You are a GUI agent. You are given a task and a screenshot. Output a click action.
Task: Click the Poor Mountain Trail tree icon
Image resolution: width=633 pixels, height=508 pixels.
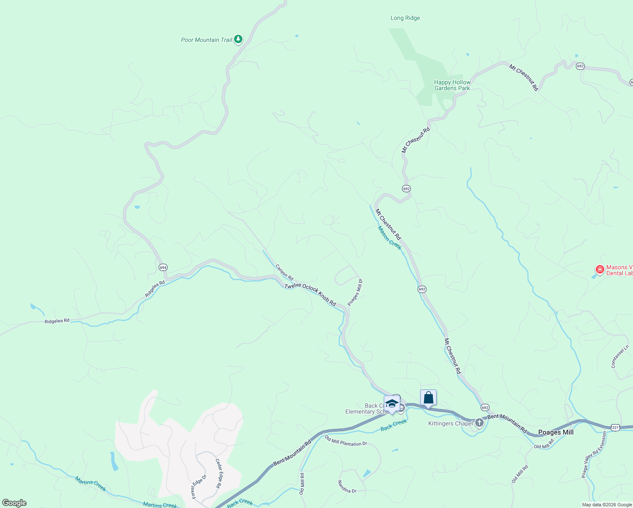coord(238,39)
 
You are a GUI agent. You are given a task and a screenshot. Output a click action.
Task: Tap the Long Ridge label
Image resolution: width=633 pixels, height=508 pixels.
coord(405,18)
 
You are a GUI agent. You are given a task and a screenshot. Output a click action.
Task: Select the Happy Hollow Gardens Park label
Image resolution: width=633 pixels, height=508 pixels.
coord(452,85)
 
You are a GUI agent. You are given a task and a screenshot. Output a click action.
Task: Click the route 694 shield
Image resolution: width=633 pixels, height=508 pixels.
coord(163,267)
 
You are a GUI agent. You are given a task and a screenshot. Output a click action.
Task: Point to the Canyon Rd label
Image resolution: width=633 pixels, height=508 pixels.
coord(284,272)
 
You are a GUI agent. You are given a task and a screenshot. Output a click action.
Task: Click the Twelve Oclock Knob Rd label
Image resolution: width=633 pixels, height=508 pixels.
coord(310,295)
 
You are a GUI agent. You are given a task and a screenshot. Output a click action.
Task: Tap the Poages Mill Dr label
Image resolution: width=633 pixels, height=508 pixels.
coord(355,292)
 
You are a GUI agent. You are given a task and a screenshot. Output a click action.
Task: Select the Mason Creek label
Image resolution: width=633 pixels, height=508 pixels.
coord(390,238)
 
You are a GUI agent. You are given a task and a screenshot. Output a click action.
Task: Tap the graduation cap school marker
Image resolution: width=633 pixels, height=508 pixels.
coord(392,403)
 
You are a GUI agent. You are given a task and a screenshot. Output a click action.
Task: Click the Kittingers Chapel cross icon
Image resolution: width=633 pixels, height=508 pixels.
coord(479,422)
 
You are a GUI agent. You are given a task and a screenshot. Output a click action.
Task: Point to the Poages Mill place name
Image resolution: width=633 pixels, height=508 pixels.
coord(556,432)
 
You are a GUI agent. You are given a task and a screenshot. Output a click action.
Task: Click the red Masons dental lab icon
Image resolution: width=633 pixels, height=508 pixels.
coord(600,269)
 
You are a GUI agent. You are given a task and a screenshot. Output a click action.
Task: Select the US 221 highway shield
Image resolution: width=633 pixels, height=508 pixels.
coord(615,428)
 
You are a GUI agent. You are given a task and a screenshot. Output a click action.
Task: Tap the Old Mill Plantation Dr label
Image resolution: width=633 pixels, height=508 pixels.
coord(346,441)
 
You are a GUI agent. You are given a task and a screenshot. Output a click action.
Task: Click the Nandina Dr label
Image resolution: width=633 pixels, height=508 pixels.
coord(347,487)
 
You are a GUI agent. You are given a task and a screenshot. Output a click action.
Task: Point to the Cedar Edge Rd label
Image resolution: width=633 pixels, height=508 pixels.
coord(219,473)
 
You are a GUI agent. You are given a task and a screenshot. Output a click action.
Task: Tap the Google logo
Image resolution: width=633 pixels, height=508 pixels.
coord(14,503)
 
